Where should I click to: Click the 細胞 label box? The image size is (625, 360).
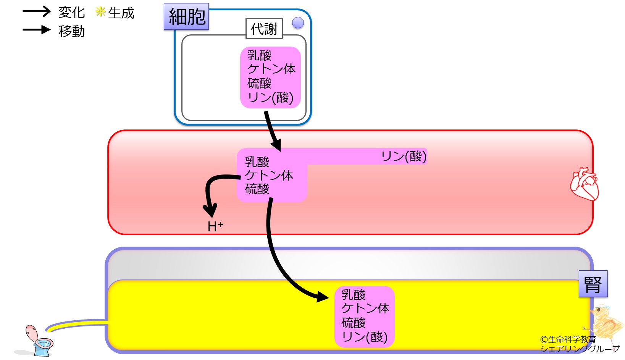coord(186,17)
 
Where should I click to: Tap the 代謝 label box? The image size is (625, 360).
coord(264,29)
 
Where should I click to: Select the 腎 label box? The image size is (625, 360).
coord(593,284)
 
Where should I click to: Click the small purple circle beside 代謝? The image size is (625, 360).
coord(298,23)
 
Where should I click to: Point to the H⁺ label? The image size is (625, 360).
coord(215,226)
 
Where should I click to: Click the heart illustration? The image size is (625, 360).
coord(584,184)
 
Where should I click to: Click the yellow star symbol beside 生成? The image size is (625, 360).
coord(100,12)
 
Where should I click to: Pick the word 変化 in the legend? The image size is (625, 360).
coord(71,13)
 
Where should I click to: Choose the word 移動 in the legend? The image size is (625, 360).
coord(71,31)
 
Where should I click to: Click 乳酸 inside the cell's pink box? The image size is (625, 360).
coord(259,55)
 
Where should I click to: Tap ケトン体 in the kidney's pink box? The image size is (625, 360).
coord(365,308)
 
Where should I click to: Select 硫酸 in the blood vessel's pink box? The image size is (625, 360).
coord(257,189)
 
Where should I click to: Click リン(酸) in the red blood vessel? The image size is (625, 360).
coord(404,156)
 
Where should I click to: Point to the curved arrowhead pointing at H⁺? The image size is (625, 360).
coord(210,211)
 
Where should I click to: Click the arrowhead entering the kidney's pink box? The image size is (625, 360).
coord(323,296)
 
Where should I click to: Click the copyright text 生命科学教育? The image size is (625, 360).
coord(572,339)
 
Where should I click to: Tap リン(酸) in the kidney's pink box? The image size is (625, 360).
coord(364,337)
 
